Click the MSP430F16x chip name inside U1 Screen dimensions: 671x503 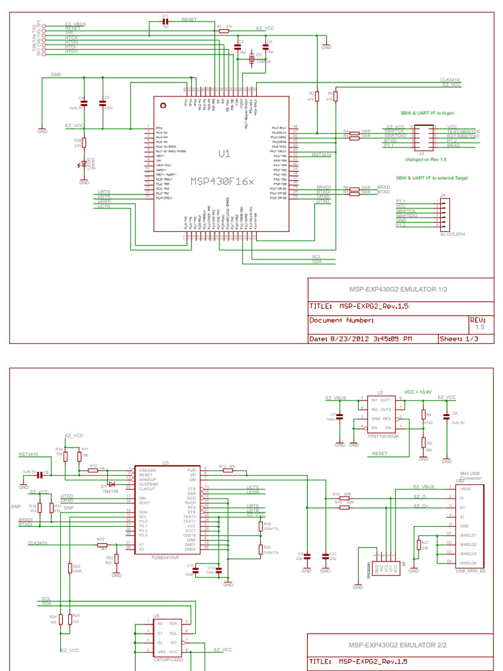tap(221, 181)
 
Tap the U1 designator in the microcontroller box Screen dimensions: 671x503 tap(225, 154)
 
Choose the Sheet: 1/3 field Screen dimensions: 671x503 tap(458, 339)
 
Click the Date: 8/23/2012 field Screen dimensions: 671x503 tap(360, 339)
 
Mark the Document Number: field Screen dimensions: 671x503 tap(342, 320)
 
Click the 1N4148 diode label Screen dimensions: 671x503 tap(109, 491)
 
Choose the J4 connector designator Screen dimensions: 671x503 tap(443, 195)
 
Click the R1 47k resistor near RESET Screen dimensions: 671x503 tap(224, 30)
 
